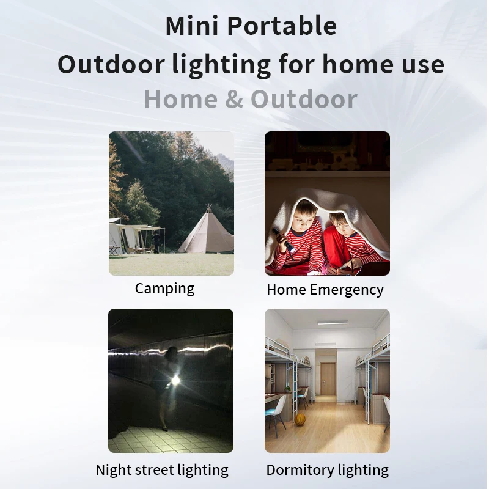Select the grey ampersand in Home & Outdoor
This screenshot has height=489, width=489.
[233, 100]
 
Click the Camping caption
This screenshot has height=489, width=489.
[164, 288]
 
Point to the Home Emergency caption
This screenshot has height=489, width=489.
[325, 289]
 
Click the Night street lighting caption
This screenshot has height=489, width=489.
[162, 470]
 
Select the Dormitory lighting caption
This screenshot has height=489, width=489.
[327, 470]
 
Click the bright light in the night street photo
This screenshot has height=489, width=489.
[175, 381]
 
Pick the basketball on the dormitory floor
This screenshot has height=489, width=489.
[300, 419]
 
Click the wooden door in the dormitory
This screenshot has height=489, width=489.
[328, 378]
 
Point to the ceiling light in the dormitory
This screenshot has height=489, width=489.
[333, 323]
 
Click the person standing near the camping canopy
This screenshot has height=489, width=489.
[157, 241]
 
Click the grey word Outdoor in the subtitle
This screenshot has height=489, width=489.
[304, 100]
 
